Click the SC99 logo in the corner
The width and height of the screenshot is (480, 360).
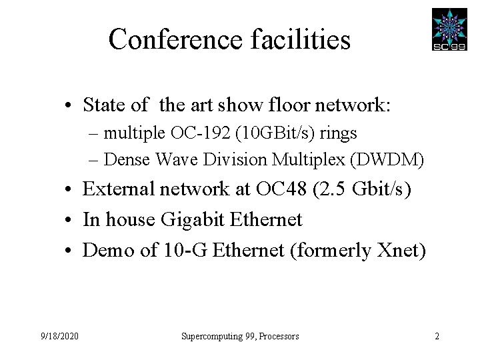click(449, 30)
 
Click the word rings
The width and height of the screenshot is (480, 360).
click(338, 133)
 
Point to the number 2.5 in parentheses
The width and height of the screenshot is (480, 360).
click(329, 189)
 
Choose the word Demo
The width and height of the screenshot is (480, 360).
click(106, 250)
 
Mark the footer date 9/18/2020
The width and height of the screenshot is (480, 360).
click(59, 337)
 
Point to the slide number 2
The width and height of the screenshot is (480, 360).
click(437, 337)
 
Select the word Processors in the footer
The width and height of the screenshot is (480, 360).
click(277, 337)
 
